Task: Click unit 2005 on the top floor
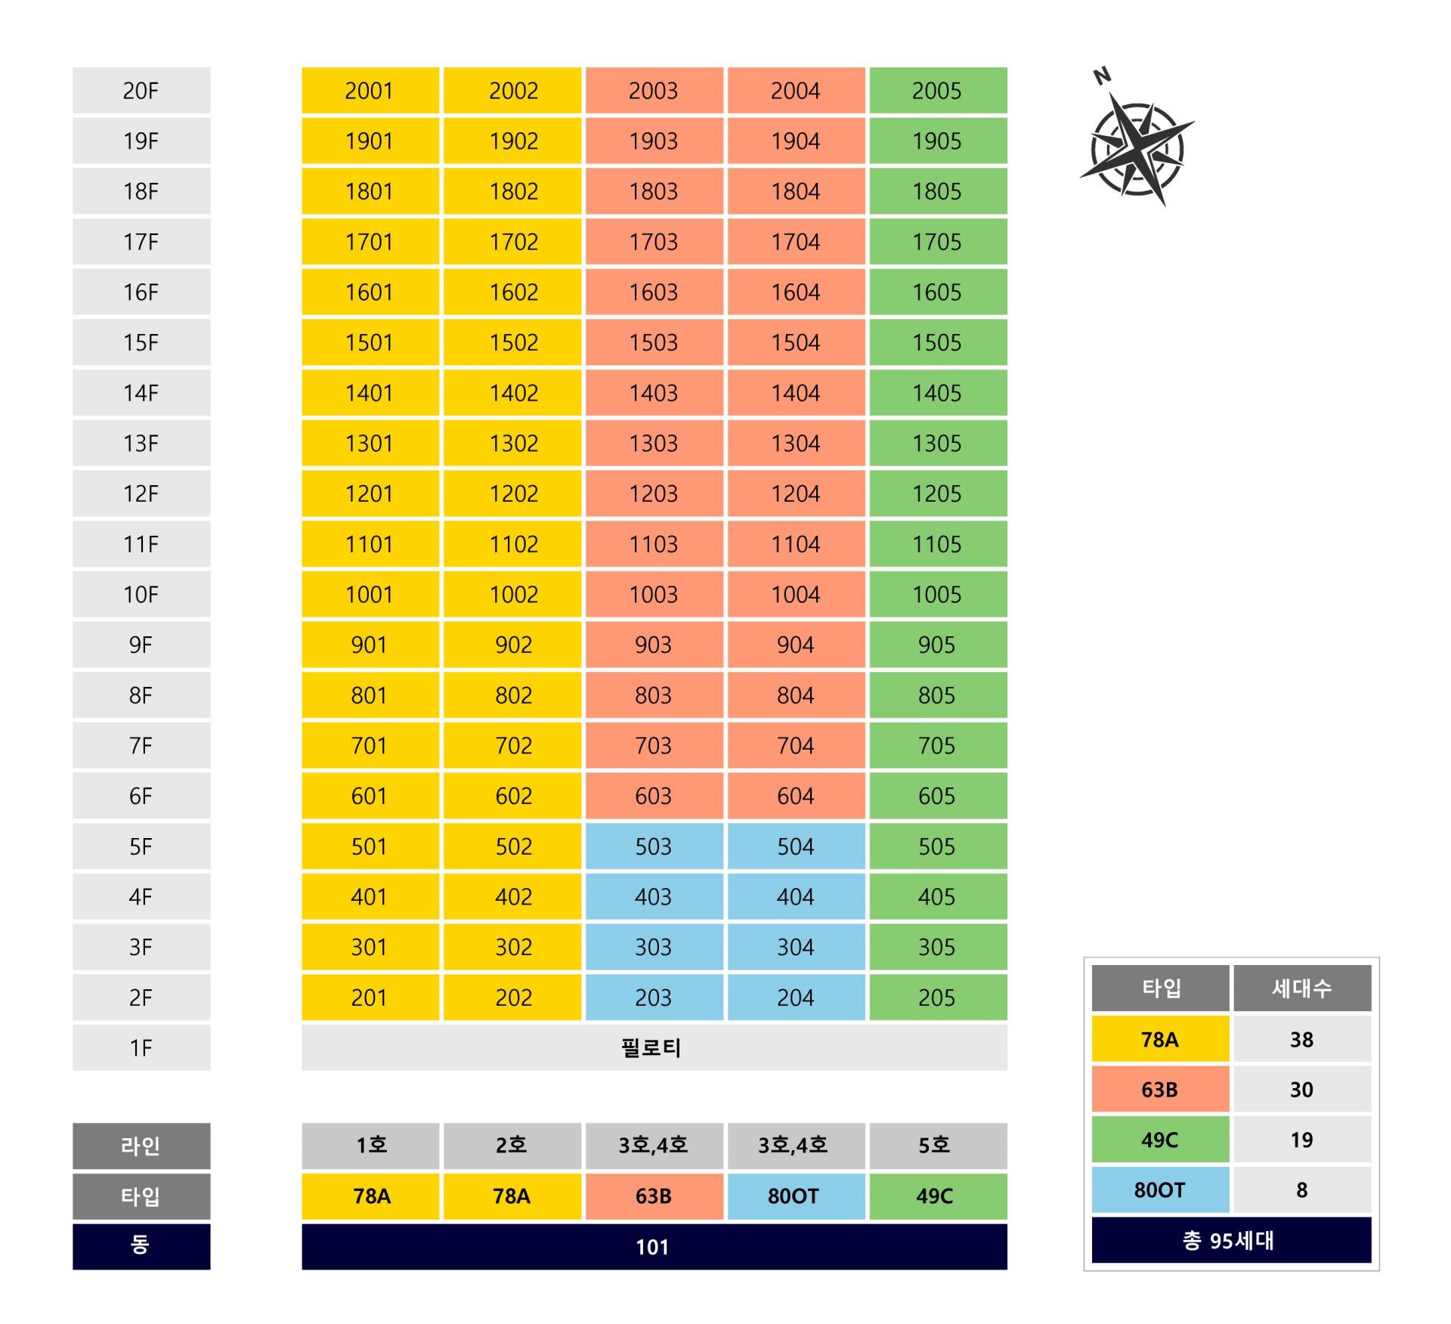(x=937, y=91)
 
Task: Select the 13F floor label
(x=141, y=444)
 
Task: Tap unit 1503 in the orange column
(x=654, y=342)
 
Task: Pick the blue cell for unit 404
(x=796, y=897)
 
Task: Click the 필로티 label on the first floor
(x=653, y=1048)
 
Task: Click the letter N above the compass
(x=1103, y=76)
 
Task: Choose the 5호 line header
(x=937, y=1146)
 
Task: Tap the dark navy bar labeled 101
(x=653, y=1247)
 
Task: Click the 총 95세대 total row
(x=1230, y=1240)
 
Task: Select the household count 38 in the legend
(x=1301, y=1039)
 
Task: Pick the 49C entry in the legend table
(x=1160, y=1140)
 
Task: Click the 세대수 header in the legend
(x=1301, y=988)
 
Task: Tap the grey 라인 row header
(x=141, y=1146)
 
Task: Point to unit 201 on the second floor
(x=370, y=998)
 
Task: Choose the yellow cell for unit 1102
(x=513, y=544)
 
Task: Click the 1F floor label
(x=141, y=1048)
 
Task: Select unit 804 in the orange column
(x=796, y=695)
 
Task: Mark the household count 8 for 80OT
(x=1301, y=1190)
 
